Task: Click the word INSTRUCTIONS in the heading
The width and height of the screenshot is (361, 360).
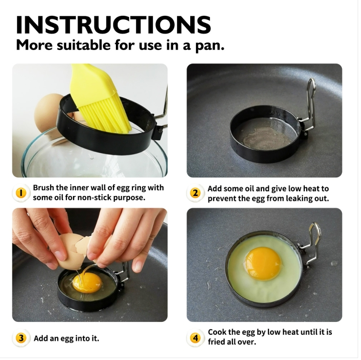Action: pyautogui.click(x=113, y=25)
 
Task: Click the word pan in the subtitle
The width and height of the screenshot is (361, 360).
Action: pyautogui.click(x=209, y=45)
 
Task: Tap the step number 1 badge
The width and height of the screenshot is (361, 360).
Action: pyautogui.click(x=21, y=193)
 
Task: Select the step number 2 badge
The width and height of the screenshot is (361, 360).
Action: pyautogui.click(x=195, y=193)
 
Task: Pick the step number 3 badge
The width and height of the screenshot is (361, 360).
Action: pyautogui.click(x=21, y=338)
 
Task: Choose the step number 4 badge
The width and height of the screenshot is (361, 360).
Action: pyautogui.click(x=195, y=338)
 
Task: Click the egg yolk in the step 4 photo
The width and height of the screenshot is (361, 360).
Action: pyautogui.click(x=263, y=264)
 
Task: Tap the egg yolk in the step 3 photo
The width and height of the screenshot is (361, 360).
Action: pyautogui.click(x=87, y=284)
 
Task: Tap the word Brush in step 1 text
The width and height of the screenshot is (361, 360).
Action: pyautogui.click(x=43, y=187)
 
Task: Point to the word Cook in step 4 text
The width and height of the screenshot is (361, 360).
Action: pyautogui.click(x=217, y=332)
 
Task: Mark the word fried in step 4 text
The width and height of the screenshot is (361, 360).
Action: pyautogui.click(x=217, y=342)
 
